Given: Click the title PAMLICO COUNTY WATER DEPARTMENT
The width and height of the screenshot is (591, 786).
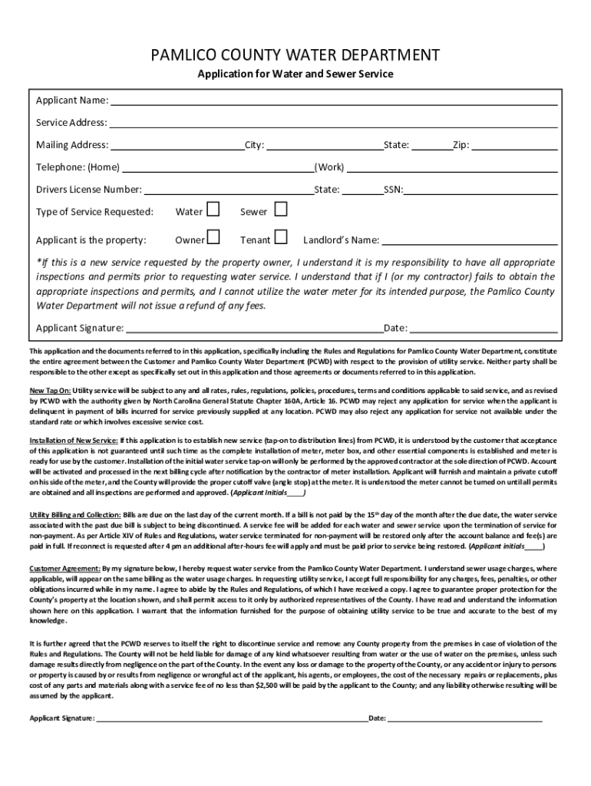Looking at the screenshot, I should pos(295,55).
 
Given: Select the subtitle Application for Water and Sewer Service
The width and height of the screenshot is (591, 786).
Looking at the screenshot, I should pos(295,74).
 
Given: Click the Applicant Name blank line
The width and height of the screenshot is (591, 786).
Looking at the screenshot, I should pos(333,101).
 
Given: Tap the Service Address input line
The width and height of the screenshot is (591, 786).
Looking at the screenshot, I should pos(332,123).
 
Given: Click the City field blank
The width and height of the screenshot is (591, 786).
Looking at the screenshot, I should pos(324,145).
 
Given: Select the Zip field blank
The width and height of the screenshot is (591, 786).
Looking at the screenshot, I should pos(513,145).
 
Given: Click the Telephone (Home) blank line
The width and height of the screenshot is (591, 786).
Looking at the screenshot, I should pos(218,167).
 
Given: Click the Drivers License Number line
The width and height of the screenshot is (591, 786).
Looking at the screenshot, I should pos(229,190).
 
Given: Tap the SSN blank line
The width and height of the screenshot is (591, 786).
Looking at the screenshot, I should pos(480,190).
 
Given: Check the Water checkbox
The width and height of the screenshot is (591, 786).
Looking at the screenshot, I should pos(213,210).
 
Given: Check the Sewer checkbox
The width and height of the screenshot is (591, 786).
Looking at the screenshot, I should pos(281,210).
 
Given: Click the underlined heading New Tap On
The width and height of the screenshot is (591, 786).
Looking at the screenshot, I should pos(49,390).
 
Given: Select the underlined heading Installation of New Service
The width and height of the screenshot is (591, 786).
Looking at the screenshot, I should pos(74,440).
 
